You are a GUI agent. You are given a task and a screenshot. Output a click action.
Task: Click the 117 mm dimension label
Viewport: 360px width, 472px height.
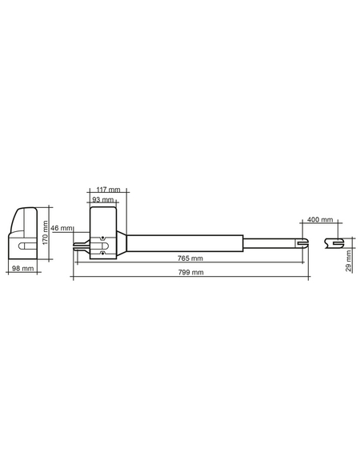click(x=108, y=190)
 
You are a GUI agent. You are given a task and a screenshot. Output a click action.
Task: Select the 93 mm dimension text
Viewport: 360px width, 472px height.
click(x=103, y=199)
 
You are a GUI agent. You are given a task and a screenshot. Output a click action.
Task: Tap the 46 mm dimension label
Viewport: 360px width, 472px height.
click(x=62, y=228)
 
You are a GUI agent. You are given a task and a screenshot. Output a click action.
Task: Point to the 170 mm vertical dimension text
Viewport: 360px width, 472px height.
click(x=45, y=233)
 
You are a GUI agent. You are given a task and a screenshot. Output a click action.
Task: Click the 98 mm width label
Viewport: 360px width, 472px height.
click(x=23, y=268)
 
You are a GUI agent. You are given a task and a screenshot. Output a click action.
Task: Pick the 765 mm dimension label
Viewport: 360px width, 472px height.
click(x=190, y=258)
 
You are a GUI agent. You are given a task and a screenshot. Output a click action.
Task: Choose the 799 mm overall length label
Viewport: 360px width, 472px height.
click(x=191, y=273)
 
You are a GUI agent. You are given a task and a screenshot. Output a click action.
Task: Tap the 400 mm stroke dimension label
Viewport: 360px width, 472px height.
click(x=320, y=219)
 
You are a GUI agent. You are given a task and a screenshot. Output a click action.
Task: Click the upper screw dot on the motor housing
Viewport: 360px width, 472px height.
click(x=103, y=238)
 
